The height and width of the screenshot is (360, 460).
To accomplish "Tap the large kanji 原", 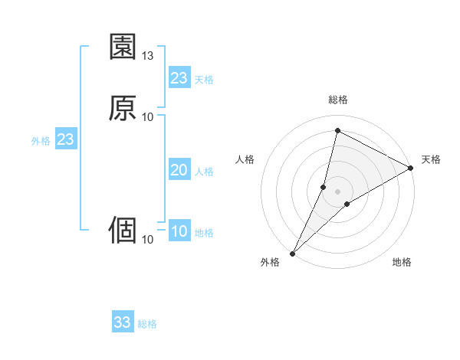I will tap(123, 108).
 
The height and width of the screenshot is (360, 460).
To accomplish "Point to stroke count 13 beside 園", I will tap(148, 56).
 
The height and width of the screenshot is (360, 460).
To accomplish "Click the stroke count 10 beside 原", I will tap(148, 116).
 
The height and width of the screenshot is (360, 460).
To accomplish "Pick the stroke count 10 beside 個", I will tap(148, 240).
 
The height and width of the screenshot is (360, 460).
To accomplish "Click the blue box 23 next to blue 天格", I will tap(179, 78).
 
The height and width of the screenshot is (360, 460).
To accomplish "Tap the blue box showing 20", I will tap(179, 170).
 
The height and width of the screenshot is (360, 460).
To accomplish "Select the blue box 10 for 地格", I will tap(179, 231).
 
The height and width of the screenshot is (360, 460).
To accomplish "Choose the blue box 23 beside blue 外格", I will tap(65, 139).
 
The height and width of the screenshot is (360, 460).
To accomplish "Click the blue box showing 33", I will tap(123, 322).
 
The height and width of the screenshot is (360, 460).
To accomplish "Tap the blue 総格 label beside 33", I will tap(147, 324).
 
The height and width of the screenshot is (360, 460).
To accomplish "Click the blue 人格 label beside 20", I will tap(205, 172).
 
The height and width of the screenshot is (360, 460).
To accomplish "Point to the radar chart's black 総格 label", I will tap(338, 100).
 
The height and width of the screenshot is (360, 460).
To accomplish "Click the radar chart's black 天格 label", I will tap(431, 159).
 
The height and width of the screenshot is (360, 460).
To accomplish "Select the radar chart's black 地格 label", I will tap(402, 263).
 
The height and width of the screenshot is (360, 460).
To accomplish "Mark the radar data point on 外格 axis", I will tap(292, 253).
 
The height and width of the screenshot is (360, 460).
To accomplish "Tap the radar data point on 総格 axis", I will tap(338, 131).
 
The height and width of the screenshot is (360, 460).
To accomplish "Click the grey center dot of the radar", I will tap(338, 191).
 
